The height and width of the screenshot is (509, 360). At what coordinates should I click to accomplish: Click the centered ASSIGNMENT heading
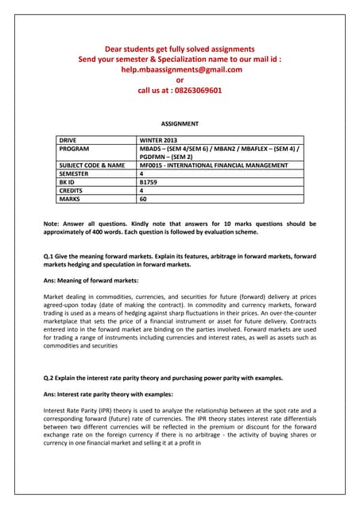coord(180,124)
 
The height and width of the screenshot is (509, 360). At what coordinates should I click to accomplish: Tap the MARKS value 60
coord(144,200)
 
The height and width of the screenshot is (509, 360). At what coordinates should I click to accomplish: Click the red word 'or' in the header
coord(180,80)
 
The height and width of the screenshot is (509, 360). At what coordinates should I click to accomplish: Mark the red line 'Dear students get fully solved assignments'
coord(180,49)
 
